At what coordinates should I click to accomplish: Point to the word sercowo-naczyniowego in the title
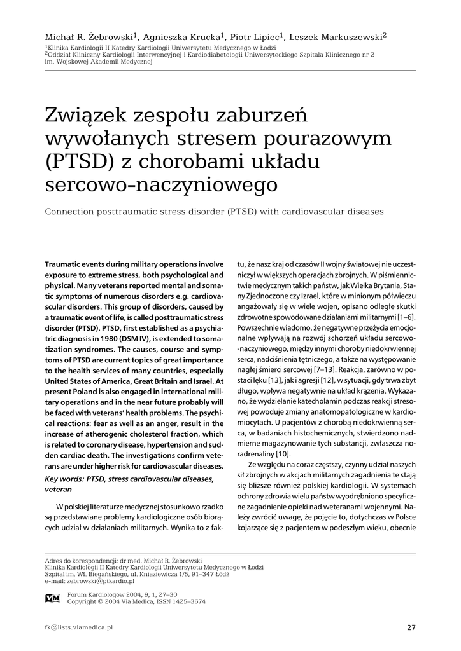163,184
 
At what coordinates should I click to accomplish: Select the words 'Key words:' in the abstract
64,478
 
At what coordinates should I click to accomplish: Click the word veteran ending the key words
59,490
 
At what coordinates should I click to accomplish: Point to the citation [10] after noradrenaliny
282,453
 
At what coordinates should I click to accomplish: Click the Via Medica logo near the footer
53,598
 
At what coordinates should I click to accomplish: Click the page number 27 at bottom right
411,628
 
